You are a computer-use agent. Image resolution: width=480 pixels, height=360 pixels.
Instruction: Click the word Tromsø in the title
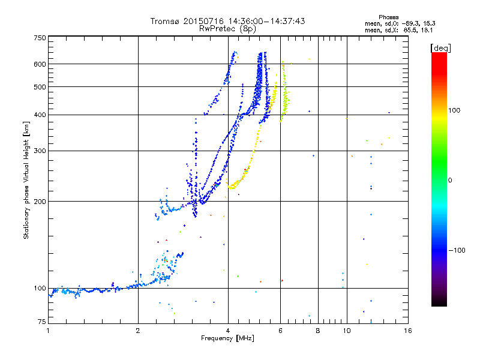point(165,21)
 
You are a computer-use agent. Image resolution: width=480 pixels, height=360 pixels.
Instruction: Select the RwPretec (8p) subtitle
point(227,29)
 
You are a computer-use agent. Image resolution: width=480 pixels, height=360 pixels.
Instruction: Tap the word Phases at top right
point(388,17)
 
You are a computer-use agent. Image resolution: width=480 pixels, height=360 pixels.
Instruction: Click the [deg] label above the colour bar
point(440,48)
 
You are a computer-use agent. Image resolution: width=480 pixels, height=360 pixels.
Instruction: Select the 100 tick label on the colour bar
point(454,110)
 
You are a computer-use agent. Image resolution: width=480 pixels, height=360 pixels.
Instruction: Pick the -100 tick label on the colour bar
point(457,250)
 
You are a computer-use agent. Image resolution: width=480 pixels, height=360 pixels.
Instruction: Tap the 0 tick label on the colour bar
point(450,180)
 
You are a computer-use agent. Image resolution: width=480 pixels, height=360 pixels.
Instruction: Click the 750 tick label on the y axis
point(40,38)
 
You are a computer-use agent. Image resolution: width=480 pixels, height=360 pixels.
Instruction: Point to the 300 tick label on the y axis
point(40,151)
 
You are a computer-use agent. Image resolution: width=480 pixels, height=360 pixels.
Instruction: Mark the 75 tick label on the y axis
point(42,322)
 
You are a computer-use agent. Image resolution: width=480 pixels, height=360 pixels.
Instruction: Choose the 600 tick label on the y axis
point(40,64)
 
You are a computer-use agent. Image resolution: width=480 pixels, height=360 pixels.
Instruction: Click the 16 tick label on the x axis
point(408,331)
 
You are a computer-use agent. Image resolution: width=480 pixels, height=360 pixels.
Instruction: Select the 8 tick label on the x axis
point(318,331)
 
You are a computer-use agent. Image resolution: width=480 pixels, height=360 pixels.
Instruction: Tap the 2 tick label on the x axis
point(138,331)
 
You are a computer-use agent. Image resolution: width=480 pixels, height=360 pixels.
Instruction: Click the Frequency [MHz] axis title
point(227,338)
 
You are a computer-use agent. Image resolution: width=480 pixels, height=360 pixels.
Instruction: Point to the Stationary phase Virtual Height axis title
point(26,180)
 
